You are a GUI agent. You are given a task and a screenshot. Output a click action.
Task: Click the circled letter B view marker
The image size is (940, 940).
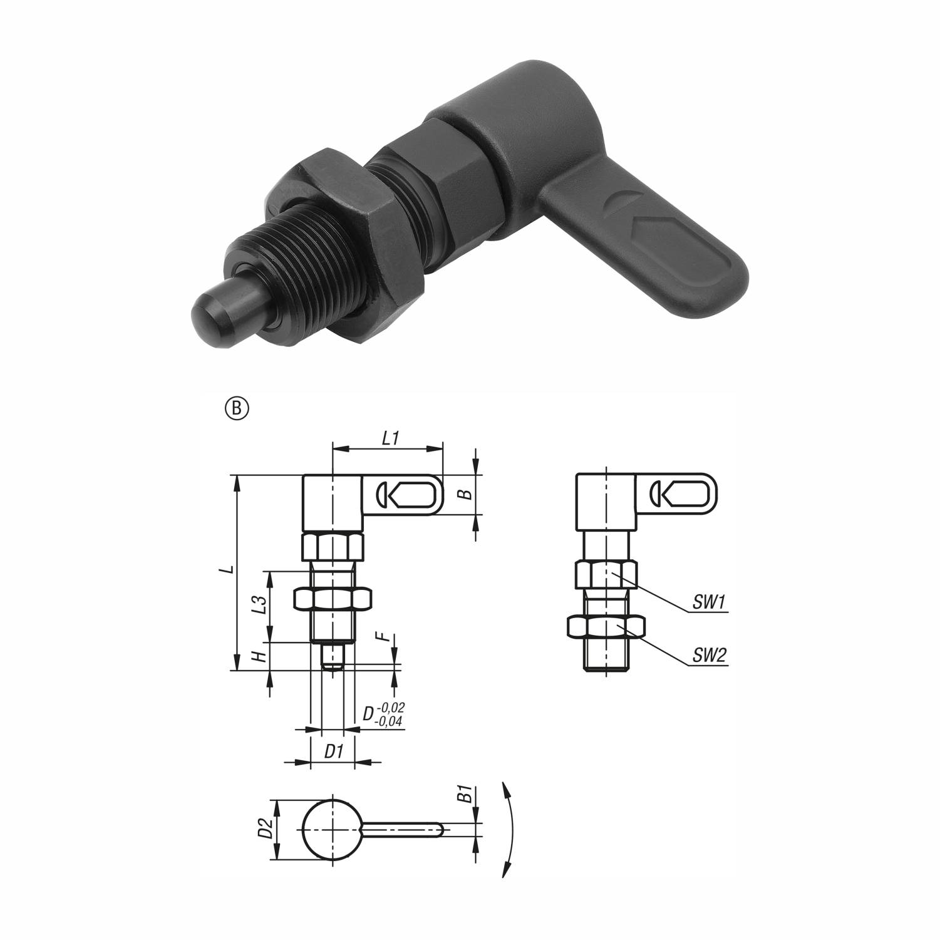[237, 408]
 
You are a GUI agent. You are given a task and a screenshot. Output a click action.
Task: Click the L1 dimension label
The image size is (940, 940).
[391, 438]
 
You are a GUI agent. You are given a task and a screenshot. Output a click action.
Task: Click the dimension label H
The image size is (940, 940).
[263, 656]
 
